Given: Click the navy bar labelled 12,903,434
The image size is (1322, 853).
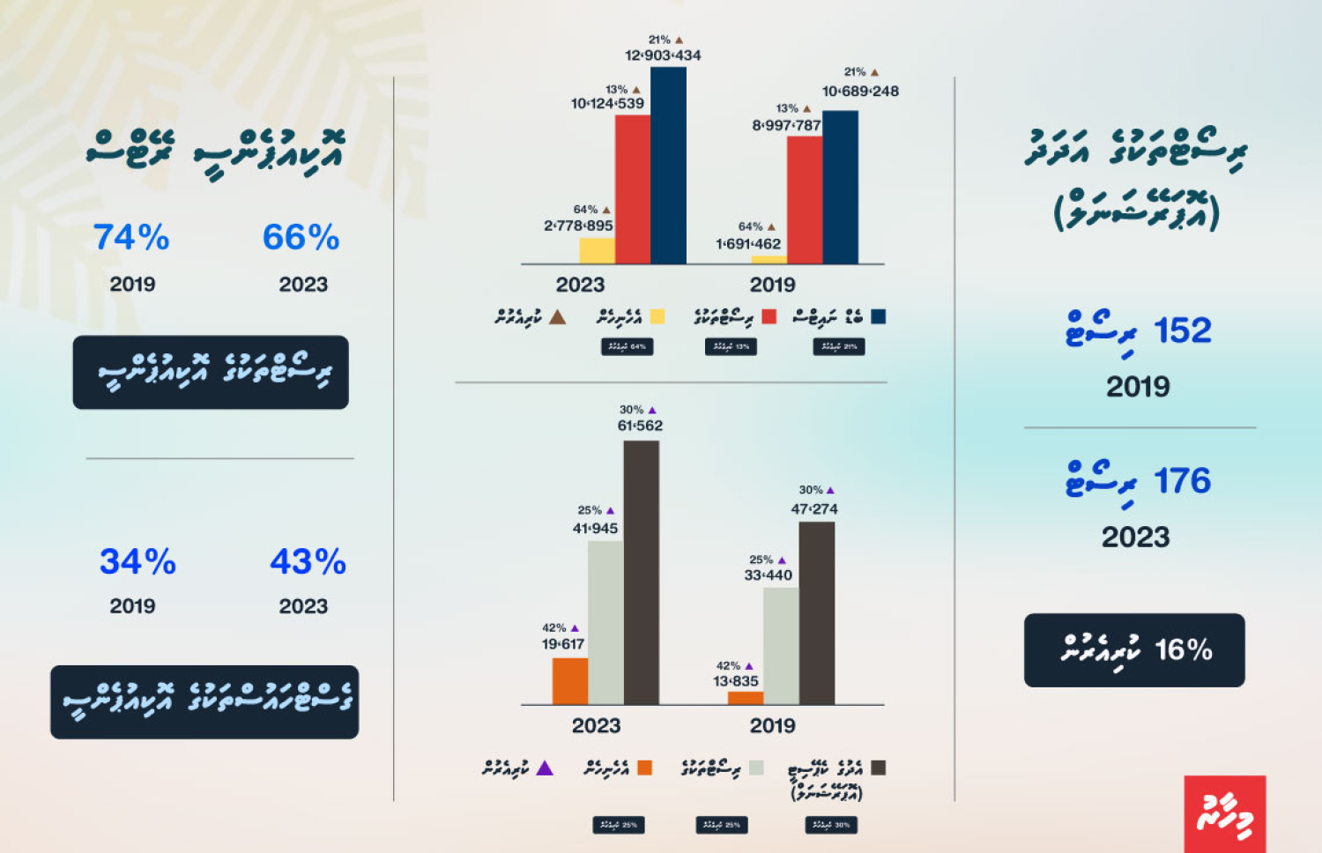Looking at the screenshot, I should pyautogui.click(x=668, y=166).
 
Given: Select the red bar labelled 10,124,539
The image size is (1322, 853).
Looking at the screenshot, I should pyautogui.click(x=632, y=189).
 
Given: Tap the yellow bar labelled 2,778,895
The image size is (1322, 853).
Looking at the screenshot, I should pyautogui.click(x=597, y=251).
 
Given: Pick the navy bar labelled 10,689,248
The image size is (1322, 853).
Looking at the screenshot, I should pyautogui.click(x=840, y=187).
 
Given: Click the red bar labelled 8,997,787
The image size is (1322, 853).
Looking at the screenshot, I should pyautogui.click(x=804, y=200).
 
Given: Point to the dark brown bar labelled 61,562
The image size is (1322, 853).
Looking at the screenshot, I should pyautogui.click(x=641, y=573).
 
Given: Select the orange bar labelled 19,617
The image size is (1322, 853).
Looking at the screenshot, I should pyautogui.click(x=569, y=681).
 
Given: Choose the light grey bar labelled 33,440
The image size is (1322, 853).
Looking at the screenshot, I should pyautogui.click(x=781, y=646).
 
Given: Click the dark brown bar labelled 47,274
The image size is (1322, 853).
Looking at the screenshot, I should pyautogui.click(x=817, y=613).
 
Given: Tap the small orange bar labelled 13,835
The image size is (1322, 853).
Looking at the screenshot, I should pyautogui.click(x=746, y=698).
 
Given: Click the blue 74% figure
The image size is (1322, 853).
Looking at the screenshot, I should pyautogui.click(x=131, y=237).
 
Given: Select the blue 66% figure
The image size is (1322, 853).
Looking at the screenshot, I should pyautogui.click(x=301, y=237).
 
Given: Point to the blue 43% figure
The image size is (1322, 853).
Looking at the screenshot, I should pyautogui.click(x=308, y=561).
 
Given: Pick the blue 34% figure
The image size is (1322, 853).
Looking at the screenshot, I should pyautogui.click(x=137, y=561).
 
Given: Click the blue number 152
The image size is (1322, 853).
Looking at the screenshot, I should pyautogui.click(x=1183, y=330).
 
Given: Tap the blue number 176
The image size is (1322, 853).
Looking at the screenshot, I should pyautogui.click(x=1183, y=481).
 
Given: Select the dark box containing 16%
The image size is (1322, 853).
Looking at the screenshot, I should pyautogui.click(x=1134, y=650).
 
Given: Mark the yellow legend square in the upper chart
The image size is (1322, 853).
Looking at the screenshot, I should pyautogui.click(x=657, y=316).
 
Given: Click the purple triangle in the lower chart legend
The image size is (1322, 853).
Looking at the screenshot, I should pyautogui.click(x=545, y=768).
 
